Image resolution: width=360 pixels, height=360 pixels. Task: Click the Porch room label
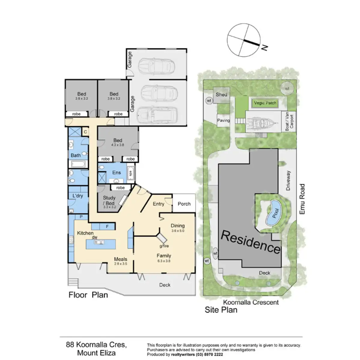click(x=184, y=204)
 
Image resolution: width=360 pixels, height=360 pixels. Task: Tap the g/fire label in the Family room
click(x=164, y=246)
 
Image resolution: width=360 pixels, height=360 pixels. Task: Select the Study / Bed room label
click(x=109, y=200)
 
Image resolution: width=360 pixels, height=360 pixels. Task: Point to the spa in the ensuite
click(x=130, y=173)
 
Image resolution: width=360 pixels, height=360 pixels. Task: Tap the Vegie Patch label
click(x=265, y=103)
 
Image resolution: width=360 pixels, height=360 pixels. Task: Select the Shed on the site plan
click(x=221, y=94)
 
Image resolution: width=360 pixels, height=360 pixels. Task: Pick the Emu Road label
click(x=302, y=199)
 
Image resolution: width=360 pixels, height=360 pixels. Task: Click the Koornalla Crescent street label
click(x=251, y=302)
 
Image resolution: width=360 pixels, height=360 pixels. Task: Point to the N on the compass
click(x=264, y=47)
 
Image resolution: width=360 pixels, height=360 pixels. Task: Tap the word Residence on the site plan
click(x=250, y=242)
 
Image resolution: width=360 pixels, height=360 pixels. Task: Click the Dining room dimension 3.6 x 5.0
click(x=178, y=231)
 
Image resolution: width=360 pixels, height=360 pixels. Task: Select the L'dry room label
click(x=78, y=196)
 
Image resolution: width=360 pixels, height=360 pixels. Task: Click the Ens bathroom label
click(x=116, y=172)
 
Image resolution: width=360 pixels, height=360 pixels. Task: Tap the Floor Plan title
click(x=88, y=295)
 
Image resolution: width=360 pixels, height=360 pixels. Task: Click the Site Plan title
click(x=221, y=310)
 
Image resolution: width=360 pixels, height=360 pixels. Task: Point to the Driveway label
click(x=288, y=181)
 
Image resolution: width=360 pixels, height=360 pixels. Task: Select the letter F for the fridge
click(x=107, y=226)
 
